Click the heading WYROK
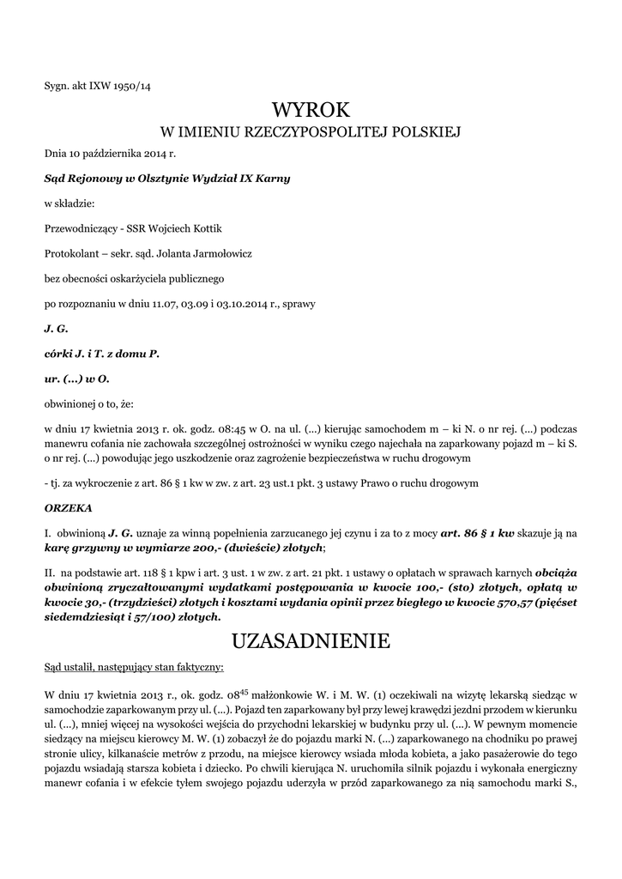click(x=311, y=111)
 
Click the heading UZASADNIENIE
click(x=311, y=641)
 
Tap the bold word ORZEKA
click(x=68, y=508)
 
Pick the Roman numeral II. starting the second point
click(x=49, y=570)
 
